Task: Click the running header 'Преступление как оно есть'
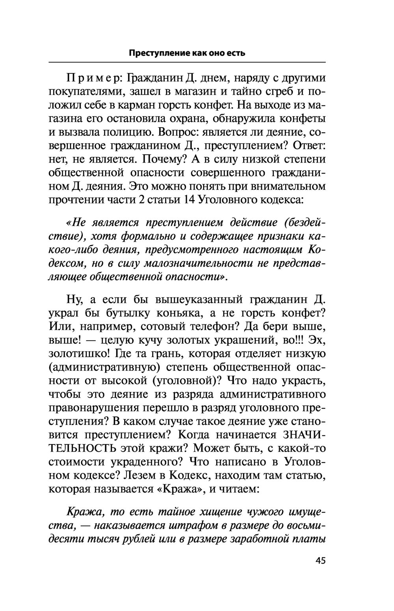(x=187, y=53)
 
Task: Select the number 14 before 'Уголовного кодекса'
(x=187, y=199)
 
